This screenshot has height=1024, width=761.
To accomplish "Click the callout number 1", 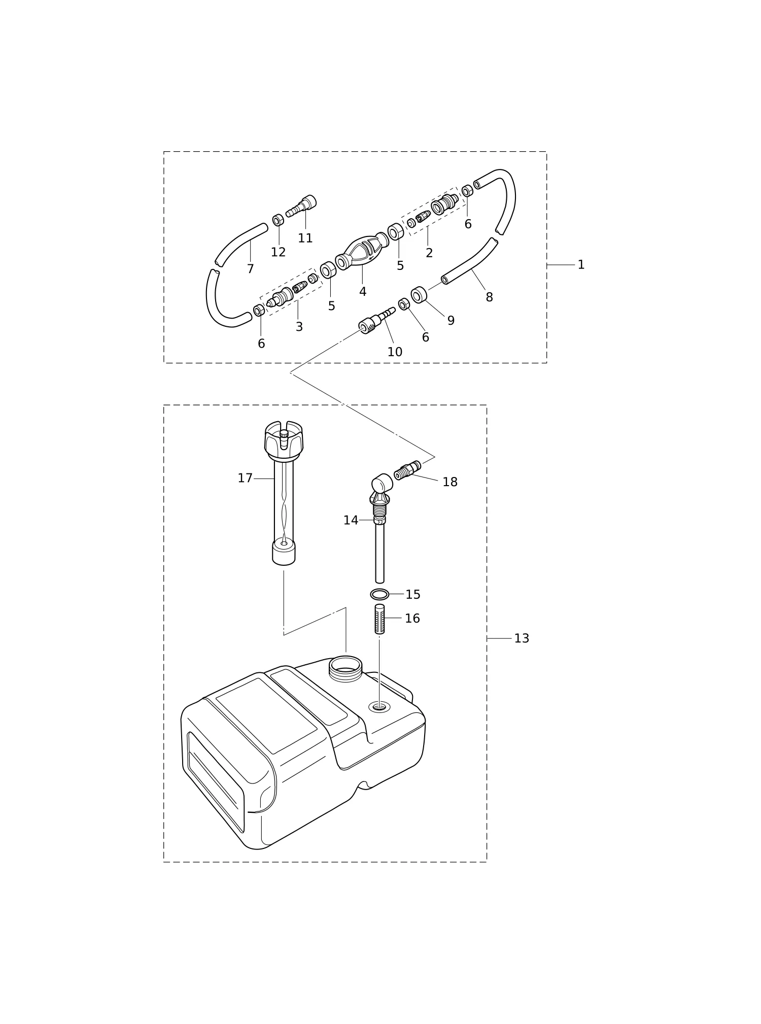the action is [581, 265].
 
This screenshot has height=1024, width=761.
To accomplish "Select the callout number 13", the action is [522, 638].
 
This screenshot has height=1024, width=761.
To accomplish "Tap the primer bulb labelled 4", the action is [362, 251].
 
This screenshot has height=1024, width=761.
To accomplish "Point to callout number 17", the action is [245, 479].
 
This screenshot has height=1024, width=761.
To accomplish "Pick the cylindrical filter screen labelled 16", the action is [379, 619].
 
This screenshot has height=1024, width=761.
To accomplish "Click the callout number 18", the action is [450, 482].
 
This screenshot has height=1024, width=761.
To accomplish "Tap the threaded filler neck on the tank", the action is [345, 668].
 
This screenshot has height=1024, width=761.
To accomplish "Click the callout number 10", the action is [395, 352].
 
